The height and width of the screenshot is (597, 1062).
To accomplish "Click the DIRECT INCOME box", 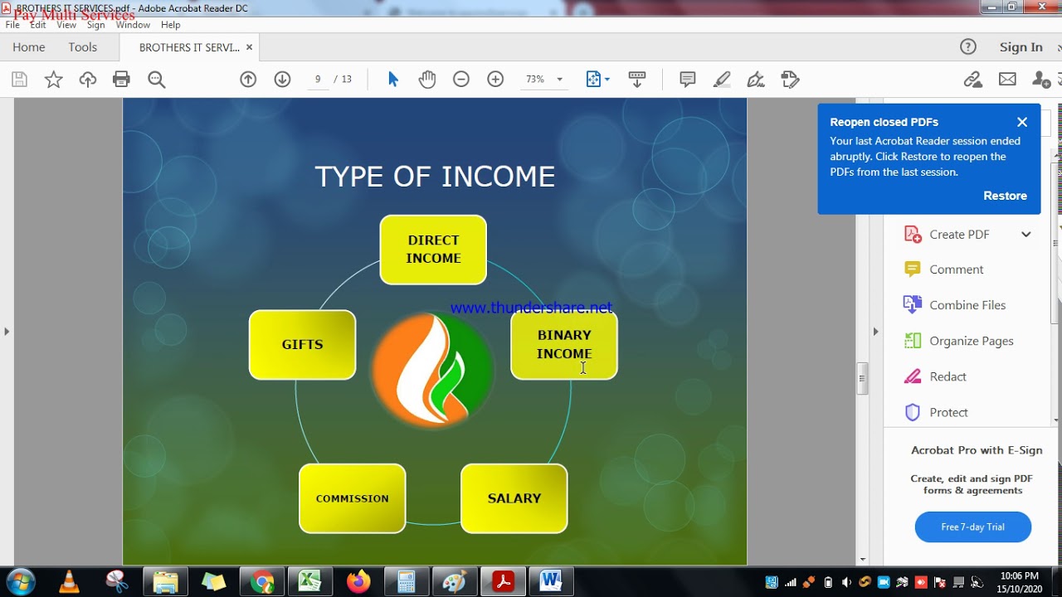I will pos(433,250).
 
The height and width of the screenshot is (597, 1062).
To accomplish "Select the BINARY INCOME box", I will pos(564,345).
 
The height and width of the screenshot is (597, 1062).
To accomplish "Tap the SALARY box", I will pos(514,498).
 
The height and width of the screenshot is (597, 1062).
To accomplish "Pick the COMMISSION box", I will pos(353,498).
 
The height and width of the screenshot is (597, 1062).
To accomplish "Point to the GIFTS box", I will pos(302,345).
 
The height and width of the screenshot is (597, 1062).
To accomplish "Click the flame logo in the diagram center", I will pos(432,370).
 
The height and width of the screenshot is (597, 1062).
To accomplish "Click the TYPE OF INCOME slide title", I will pos(435,177).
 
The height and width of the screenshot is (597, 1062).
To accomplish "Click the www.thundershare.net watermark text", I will pos(531,308).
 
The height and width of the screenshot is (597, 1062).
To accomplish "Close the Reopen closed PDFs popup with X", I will pos(1022,122).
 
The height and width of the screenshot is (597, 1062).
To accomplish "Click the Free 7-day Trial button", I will pos(972,527).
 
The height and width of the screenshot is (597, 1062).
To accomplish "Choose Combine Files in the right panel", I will pos(967,305).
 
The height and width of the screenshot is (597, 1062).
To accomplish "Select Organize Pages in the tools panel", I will pos(971,341).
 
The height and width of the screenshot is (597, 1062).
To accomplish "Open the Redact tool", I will pos(948,376).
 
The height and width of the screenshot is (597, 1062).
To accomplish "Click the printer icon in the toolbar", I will pos(121,80).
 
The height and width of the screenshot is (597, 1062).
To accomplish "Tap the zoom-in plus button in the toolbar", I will pos(495,80).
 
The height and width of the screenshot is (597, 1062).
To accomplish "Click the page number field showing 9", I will pos(318,80).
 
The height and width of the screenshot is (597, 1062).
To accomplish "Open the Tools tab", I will pos(83,47).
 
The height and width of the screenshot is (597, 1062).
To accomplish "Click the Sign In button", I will pos(1021,47).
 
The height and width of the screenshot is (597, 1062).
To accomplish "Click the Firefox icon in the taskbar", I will pos(358,582).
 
